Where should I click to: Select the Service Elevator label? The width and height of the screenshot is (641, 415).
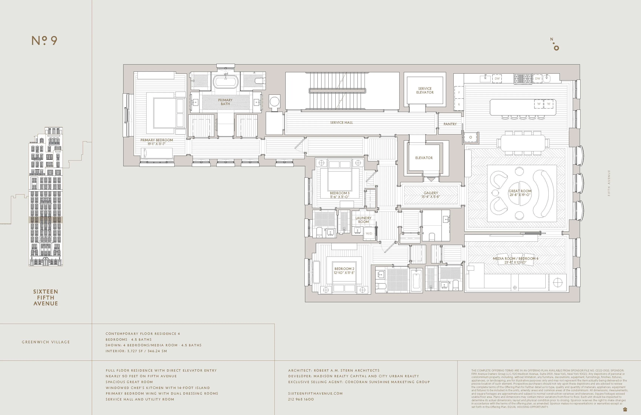425,91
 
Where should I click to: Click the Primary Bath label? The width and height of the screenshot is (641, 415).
225,102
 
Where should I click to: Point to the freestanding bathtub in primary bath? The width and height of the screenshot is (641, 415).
226,82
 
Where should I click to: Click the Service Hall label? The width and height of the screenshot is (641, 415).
341,123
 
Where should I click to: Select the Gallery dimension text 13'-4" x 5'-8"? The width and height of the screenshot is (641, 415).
431,197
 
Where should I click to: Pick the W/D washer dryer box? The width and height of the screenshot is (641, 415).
369,233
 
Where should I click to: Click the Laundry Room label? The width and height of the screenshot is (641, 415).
363,220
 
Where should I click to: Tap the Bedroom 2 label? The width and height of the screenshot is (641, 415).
344,269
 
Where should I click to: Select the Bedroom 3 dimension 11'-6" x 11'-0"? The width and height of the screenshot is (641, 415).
340,197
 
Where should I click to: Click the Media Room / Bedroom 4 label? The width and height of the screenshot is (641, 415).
515,258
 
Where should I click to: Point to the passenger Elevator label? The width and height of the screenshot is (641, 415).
424,158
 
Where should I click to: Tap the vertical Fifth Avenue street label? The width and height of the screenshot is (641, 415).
609,183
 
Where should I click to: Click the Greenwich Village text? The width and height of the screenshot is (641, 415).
46,342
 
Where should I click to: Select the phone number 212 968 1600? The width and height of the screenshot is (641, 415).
301,399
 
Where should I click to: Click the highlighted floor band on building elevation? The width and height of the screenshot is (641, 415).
45,220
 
